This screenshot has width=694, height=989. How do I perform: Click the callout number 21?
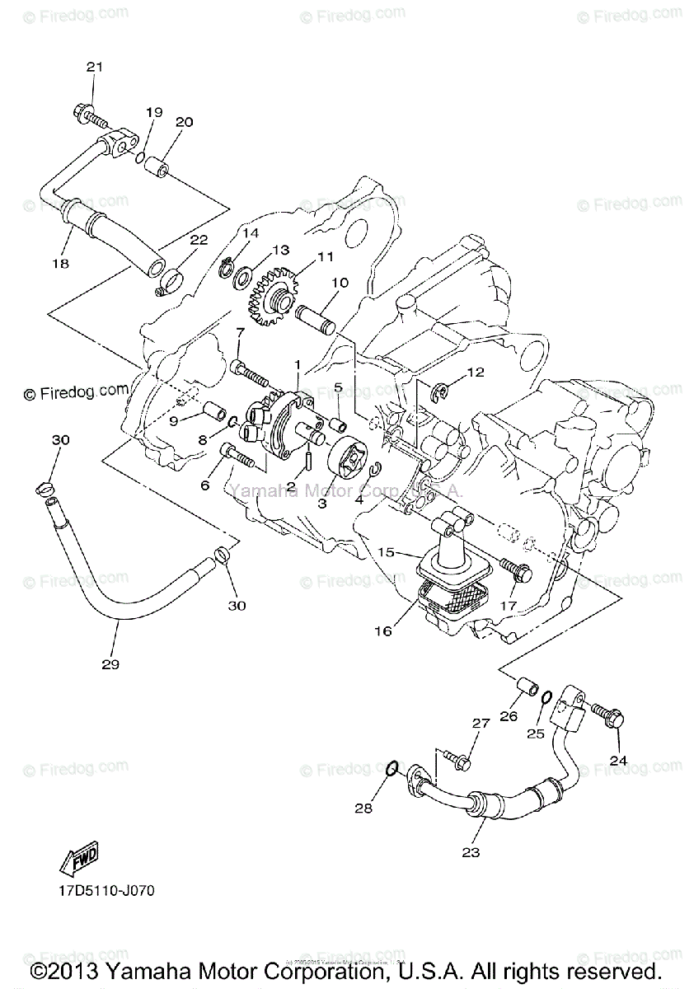point(93,67)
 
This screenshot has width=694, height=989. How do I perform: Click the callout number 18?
point(60,263)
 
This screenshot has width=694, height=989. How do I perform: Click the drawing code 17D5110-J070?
point(106,891)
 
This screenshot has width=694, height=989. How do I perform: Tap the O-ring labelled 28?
point(394,770)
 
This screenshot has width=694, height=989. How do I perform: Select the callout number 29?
point(110,664)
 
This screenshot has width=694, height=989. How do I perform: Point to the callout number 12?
point(475,372)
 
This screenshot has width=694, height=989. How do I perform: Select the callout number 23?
point(471,852)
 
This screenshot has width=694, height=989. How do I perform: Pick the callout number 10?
point(340,283)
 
